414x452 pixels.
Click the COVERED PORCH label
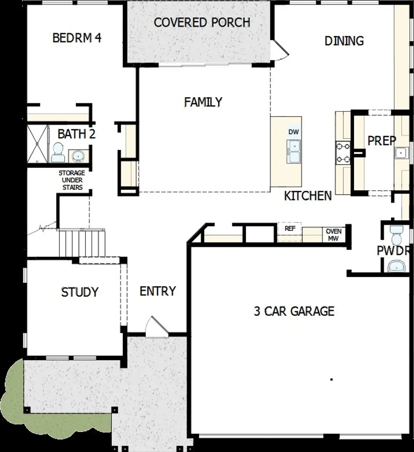pyautogui.click(x=202, y=22)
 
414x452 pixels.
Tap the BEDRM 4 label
pyautogui.click(x=77, y=38)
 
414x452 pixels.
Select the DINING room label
pyautogui.click(x=344, y=41)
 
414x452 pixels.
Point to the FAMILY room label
pyautogui.click(x=203, y=102)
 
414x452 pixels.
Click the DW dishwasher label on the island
pyautogui.click(x=293, y=132)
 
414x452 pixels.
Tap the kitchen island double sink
pyautogui.click(x=293, y=151)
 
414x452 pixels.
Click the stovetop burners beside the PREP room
pyautogui.click(x=343, y=153)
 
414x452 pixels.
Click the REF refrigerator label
pyautogui.click(x=290, y=229)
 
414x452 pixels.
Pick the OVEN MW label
pyautogui.click(x=333, y=235)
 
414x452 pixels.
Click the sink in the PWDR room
pyautogui.click(x=396, y=267)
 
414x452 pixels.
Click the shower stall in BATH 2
pyautogui.click(x=37, y=144)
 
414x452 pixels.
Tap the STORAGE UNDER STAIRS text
pyautogui.click(x=72, y=180)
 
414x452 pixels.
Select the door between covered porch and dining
pyautogui.click(x=279, y=50)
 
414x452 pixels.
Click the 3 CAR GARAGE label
pyautogui.click(x=294, y=311)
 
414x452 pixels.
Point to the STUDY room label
pyautogui.click(x=80, y=292)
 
